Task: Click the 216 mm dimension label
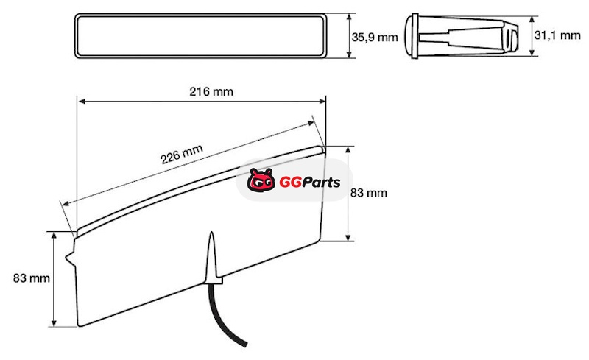(x=211, y=92)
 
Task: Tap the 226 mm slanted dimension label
(x=182, y=154)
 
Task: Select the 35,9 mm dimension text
(x=375, y=38)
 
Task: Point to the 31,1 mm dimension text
(x=557, y=35)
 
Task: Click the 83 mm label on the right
(x=369, y=193)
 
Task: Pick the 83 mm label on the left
(x=31, y=278)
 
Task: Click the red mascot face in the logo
(x=261, y=180)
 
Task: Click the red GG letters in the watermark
(x=290, y=183)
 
